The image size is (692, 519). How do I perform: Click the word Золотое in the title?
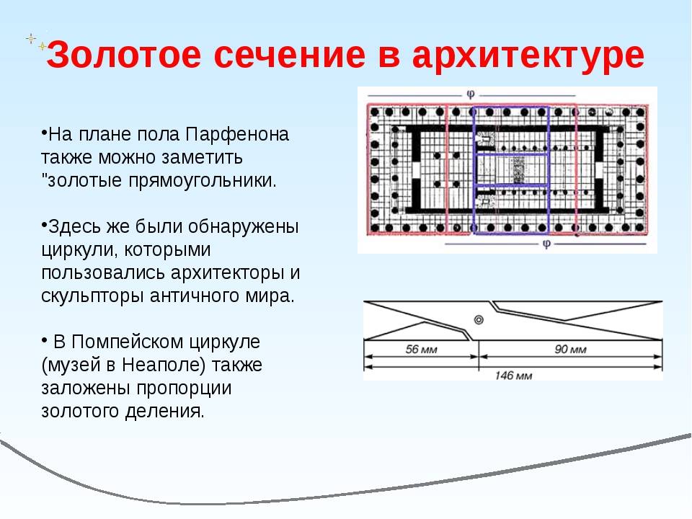[124, 55]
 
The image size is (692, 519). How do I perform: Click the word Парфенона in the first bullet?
[237, 134]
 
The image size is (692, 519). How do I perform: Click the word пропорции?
[184, 388]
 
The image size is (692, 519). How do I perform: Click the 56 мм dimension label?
[421, 350]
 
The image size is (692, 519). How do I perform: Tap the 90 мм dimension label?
[570, 350]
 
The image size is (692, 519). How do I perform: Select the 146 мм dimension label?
[513, 376]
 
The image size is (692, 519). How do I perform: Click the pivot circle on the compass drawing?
[479, 319]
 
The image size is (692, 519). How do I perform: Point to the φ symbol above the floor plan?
[471, 94]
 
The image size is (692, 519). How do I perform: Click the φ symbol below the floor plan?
[546, 244]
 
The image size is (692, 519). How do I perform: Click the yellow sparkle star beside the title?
[42, 45]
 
